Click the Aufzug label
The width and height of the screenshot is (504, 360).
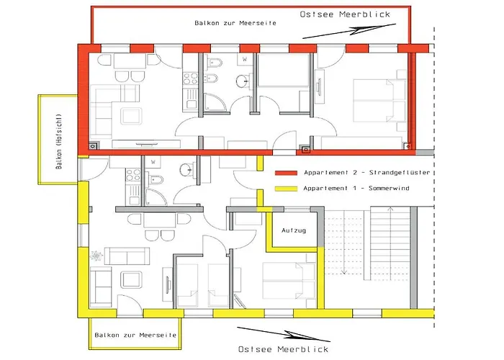pyautogui.click(x=294, y=230)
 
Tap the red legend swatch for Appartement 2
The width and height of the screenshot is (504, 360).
pyautogui.click(x=286, y=173)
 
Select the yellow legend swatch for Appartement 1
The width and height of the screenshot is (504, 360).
pyautogui.click(x=286, y=189)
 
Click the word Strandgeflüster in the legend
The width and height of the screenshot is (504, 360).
pyautogui.click(x=400, y=173)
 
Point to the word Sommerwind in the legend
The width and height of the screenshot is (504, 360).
pyautogui.click(x=389, y=188)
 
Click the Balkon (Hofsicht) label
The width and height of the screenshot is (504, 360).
pyautogui.click(x=58, y=141)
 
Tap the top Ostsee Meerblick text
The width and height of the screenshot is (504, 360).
pyautogui.click(x=345, y=14)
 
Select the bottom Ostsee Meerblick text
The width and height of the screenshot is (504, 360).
pyautogui.click(x=283, y=349)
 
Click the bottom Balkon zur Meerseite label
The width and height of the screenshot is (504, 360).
pyautogui.click(x=135, y=335)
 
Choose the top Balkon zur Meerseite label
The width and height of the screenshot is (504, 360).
pyautogui.click(x=235, y=23)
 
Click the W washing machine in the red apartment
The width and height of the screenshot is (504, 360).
pyautogui.click(x=245, y=59)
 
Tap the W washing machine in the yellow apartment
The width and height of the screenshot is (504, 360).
pyautogui.click(x=153, y=162)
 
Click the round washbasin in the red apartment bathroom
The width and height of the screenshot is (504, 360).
pyautogui.click(x=243, y=81)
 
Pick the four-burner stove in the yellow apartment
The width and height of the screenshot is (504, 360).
pyautogui.click(x=133, y=175)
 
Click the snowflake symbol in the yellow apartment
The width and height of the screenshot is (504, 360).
pyautogui.click(x=96, y=256)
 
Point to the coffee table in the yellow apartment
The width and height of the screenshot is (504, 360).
pyautogui.click(x=132, y=279)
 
